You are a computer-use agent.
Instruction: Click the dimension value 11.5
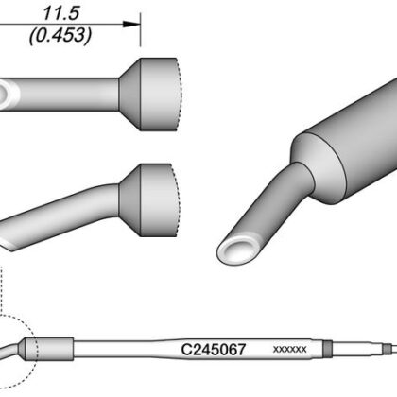(x=60, y=13)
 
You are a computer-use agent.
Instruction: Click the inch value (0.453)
(x=60, y=35)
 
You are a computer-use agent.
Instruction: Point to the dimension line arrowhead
(x=130, y=24)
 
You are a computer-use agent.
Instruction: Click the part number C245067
(x=214, y=350)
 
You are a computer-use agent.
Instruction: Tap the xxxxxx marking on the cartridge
(x=289, y=350)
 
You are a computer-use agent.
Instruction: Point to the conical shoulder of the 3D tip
(x=315, y=168)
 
